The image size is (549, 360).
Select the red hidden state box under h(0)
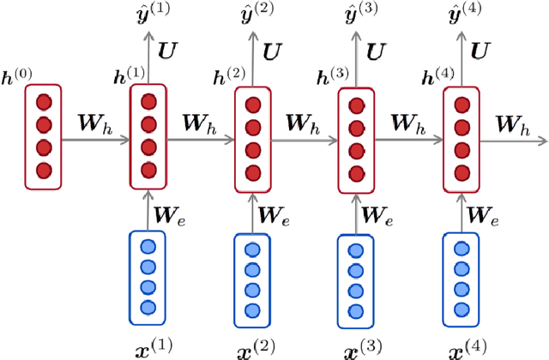pos(43,136)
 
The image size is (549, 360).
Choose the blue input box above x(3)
pos(354,276)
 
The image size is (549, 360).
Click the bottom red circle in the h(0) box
pos(43,170)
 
